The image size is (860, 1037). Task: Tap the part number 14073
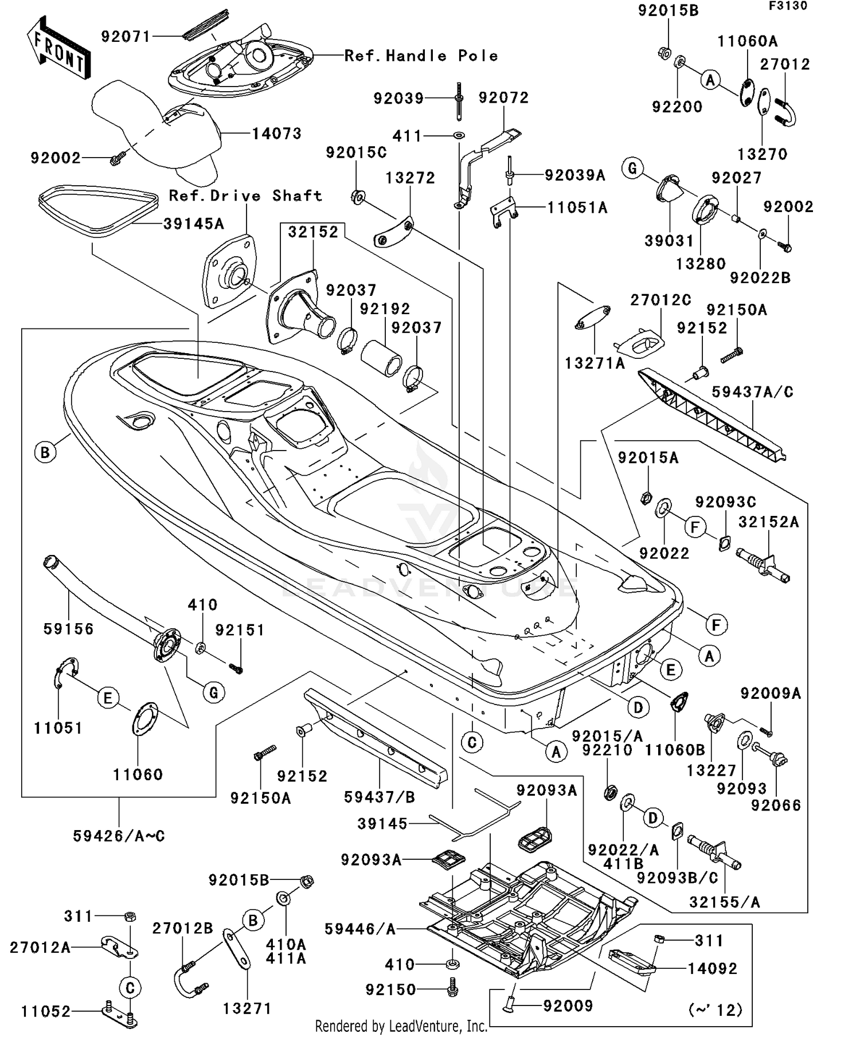point(277,134)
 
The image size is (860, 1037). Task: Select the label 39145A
point(194,224)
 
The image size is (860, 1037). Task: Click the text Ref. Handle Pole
point(421,56)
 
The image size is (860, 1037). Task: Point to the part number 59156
point(69,629)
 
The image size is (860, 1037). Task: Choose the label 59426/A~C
point(119,836)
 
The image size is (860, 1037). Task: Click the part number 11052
point(46,1012)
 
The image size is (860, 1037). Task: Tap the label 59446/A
point(360,929)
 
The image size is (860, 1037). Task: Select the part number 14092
point(713,968)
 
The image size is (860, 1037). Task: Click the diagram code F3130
point(788,6)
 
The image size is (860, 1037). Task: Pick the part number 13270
point(763,154)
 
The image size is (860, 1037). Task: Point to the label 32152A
point(768,522)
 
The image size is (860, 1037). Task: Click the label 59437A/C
point(753,392)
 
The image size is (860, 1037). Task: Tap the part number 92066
point(776,805)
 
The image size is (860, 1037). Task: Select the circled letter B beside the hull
point(45,452)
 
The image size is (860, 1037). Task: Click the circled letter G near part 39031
point(633,169)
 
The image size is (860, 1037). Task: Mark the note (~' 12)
point(717,1009)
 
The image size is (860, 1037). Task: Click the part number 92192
point(385,309)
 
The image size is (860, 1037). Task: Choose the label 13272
point(411,178)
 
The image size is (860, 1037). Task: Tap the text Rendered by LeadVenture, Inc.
point(401,1026)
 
